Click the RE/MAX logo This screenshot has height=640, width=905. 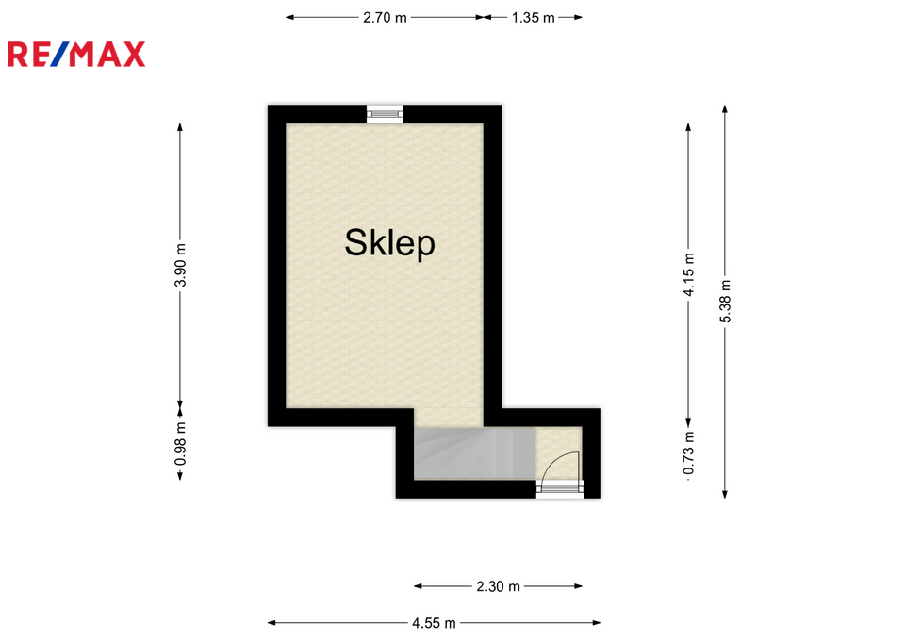[76, 55]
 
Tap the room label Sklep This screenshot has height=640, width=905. [389, 243]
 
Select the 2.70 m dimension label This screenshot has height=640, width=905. [385, 18]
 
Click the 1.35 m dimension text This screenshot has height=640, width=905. [533, 18]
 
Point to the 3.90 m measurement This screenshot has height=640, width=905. [181, 265]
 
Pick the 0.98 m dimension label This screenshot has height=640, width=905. [181, 444]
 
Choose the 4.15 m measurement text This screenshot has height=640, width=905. [688, 274]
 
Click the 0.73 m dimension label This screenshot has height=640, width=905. [688, 453]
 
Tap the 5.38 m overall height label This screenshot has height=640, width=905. [726, 302]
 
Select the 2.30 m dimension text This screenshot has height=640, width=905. [498, 587]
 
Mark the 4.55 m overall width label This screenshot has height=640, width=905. [434, 623]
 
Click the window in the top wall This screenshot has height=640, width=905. [385, 114]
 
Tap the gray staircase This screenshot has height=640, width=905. [474, 453]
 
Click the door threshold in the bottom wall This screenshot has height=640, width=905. [559, 489]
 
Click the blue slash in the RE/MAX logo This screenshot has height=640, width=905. [59, 55]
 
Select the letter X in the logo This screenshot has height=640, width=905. [133, 55]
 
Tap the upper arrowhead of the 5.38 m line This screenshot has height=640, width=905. [725, 108]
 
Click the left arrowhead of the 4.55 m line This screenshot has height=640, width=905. [271, 623]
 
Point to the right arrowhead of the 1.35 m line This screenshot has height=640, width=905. [578, 17]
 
